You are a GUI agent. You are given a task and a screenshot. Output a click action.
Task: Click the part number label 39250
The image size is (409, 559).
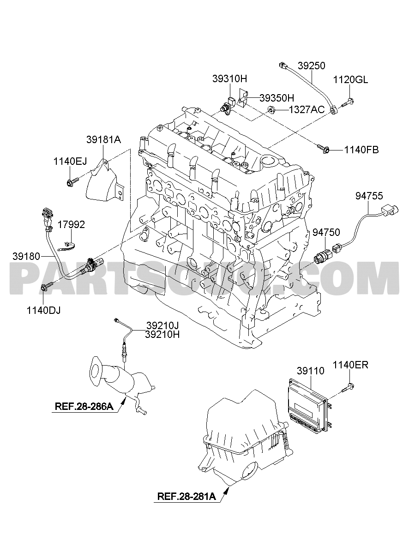coord(312,66)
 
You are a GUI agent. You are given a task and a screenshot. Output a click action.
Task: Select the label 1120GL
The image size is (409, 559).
coord(350,80)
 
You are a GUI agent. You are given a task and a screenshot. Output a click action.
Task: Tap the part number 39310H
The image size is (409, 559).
coord(229,79)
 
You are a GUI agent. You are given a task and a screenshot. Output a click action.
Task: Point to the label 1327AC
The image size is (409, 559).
coord(307,109)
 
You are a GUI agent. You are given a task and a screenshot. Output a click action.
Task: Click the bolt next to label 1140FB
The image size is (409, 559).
coord(324,149)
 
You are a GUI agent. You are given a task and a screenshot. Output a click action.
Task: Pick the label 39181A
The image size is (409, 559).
coord(103,140)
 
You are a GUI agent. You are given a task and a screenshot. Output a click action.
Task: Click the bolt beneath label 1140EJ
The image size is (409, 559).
coord(72,182)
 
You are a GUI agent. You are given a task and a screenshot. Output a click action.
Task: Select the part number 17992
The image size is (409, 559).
coord(71,225)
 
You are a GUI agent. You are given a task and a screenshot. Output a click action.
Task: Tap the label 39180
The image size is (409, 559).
coord(26,256)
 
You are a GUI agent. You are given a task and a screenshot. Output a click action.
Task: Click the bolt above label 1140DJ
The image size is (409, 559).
coord(47,287)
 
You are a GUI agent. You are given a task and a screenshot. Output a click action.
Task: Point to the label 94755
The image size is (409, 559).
coord(369,196)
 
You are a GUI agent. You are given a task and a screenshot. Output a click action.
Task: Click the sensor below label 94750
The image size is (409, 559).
coord(324,256)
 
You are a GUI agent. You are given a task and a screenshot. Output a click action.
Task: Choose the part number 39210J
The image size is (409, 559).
coord(162,325)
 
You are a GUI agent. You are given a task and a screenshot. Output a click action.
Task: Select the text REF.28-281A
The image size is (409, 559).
coord(186,496)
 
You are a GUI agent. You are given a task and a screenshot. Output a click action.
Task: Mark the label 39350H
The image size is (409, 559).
coord(277,98)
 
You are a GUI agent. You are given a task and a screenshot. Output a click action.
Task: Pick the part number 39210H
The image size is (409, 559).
coord(162,334)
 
